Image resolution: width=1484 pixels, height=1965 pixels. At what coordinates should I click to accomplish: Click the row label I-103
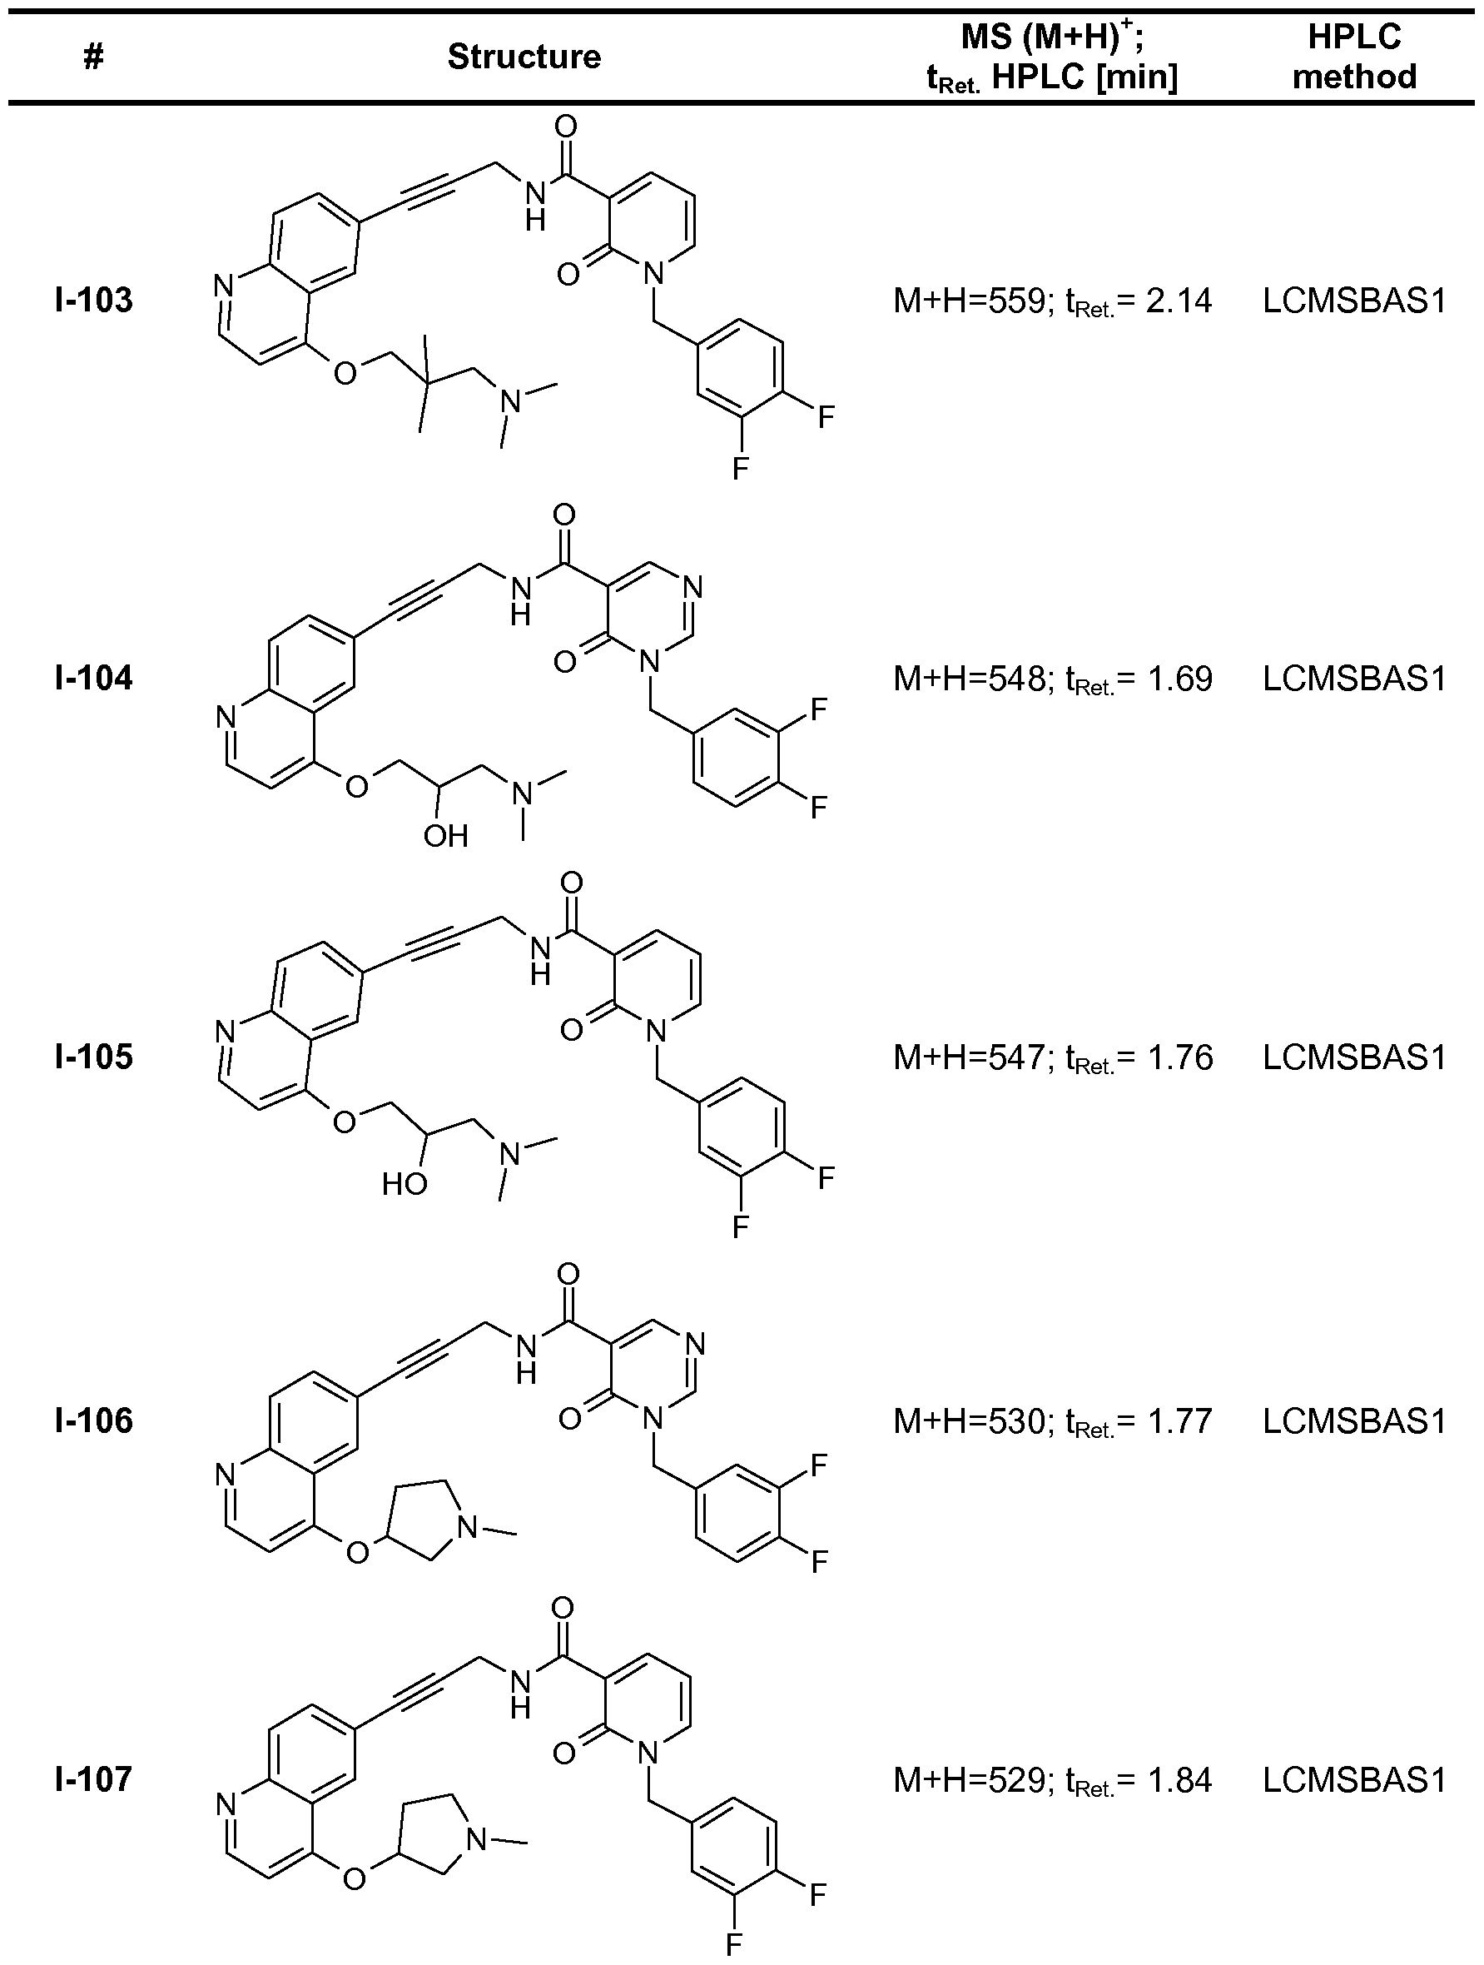tap(93, 301)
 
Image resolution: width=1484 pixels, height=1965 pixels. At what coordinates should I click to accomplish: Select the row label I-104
tap(93, 679)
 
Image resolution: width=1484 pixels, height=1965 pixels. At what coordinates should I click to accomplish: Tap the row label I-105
tap(93, 1057)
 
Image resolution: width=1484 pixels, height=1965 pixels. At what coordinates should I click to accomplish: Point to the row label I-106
tap(93, 1420)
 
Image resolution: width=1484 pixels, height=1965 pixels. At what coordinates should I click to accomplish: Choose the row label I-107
tap(93, 1779)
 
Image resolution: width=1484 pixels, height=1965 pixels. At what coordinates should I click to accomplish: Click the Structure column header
tap(524, 57)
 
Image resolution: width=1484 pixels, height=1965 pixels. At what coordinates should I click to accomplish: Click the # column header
tap(93, 57)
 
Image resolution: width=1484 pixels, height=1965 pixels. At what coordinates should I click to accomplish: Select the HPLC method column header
tap(1353, 57)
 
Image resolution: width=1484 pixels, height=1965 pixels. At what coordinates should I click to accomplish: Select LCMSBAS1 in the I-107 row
tap(1353, 1780)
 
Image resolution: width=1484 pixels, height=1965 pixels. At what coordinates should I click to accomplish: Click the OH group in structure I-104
tap(445, 836)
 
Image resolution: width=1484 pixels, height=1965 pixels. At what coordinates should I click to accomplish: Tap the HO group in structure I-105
tap(405, 1183)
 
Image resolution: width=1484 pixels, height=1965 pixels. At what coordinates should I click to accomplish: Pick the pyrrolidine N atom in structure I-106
tap(467, 1527)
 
